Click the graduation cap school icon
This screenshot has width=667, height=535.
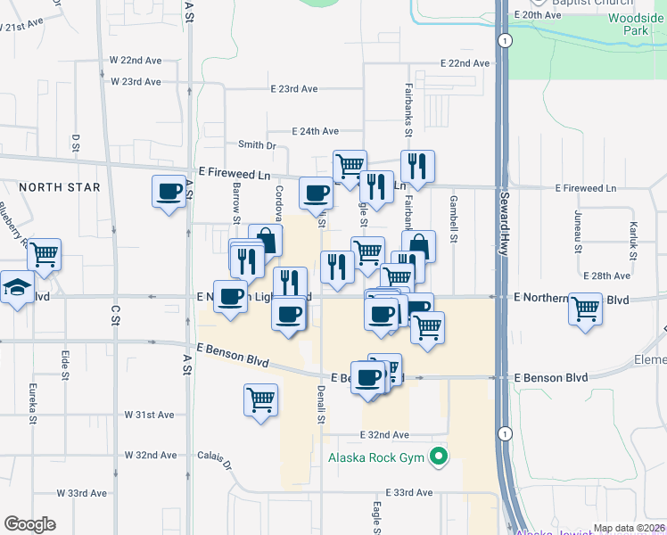[15, 287]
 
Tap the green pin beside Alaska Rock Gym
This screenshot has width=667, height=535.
[438, 458]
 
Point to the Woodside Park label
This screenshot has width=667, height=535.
[635, 24]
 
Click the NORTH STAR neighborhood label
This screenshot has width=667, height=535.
[60, 187]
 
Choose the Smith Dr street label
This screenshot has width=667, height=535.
[258, 145]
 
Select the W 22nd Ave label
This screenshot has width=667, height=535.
[136, 60]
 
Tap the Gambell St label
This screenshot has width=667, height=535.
[454, 219]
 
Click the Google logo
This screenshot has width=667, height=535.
[29, 524]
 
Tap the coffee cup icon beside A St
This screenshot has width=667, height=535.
[169, 192]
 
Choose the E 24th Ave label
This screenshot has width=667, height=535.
[314, 131]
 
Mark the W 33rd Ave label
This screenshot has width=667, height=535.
[82, 493]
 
